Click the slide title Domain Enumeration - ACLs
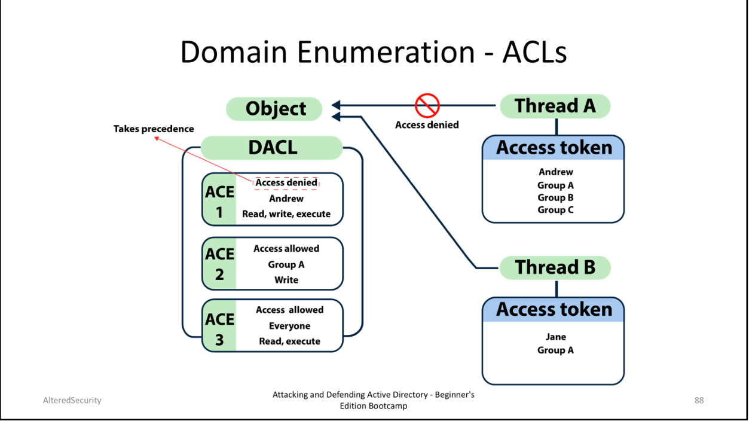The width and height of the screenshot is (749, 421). coord(374,52)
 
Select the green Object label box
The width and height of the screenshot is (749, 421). coord(275,109)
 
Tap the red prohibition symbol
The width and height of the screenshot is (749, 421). coord(427,106)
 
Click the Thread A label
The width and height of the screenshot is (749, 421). coord(555,106)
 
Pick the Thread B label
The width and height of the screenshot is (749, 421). coord(555,267)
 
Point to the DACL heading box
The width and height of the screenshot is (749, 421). coord(272,148)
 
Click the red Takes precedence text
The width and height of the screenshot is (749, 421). coord(154,129)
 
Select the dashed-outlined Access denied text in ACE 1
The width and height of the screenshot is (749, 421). coord(286,183)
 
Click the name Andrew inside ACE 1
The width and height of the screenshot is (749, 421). coord(286,199)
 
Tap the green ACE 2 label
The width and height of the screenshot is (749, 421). coord(219,264)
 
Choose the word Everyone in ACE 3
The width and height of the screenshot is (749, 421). coord(289,326)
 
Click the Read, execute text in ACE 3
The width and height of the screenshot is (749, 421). coord(289,341)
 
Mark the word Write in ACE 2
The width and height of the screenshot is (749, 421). coord(286,280)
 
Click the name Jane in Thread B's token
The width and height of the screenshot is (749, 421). coord(555,337)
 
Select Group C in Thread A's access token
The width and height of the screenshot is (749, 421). coord(555,210)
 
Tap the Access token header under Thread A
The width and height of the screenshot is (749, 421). coord(554,148)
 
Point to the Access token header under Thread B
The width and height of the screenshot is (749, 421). coord(554,309)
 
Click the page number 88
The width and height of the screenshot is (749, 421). coord(699,400)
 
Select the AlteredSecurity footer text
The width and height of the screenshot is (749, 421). coord(72,400)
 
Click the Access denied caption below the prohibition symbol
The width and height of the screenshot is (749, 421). coord(427,125)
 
